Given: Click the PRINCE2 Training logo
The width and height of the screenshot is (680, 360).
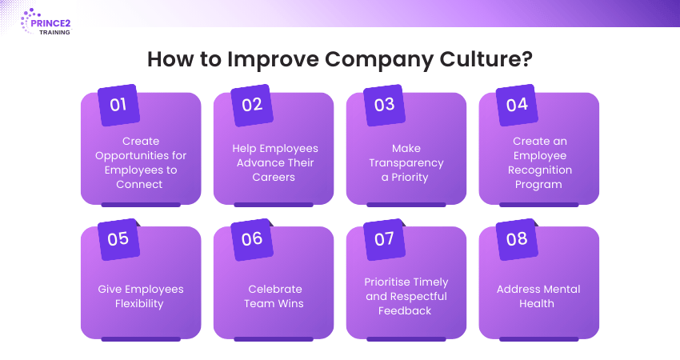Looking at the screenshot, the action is [46, 22].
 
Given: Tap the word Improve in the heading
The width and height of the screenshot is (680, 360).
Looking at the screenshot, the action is [273, 60].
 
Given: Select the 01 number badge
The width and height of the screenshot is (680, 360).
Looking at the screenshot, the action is [118, 105].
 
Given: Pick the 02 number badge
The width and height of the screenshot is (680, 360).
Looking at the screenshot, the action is [251, 105].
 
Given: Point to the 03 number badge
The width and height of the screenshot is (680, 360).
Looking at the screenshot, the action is [384, 105].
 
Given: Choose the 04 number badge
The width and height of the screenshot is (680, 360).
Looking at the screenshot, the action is [517, 105].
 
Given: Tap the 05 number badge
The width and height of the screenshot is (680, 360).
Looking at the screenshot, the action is [118, 239].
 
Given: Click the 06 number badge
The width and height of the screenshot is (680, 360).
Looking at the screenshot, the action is [251, 239].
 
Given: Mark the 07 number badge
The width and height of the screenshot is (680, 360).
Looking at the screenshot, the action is [384, 239].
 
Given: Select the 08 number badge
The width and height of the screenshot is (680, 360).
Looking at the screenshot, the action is [517, 239].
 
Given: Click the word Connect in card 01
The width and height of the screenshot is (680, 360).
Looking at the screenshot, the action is [139, 184].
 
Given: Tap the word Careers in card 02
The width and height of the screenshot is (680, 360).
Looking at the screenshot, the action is [274, 177].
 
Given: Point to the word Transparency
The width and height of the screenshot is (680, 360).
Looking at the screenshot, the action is [406, 163].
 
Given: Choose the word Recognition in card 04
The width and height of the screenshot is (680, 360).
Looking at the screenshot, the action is [540, 170].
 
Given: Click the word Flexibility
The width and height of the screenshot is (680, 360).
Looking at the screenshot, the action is [139, 304].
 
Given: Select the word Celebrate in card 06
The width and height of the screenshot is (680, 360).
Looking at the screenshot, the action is [275, 289].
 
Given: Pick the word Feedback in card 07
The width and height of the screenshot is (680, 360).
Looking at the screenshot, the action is [405, 310].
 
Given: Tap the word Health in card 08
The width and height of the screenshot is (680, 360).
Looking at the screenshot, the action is [537, 304].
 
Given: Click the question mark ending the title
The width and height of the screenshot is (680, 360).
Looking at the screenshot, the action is [527, 59].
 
